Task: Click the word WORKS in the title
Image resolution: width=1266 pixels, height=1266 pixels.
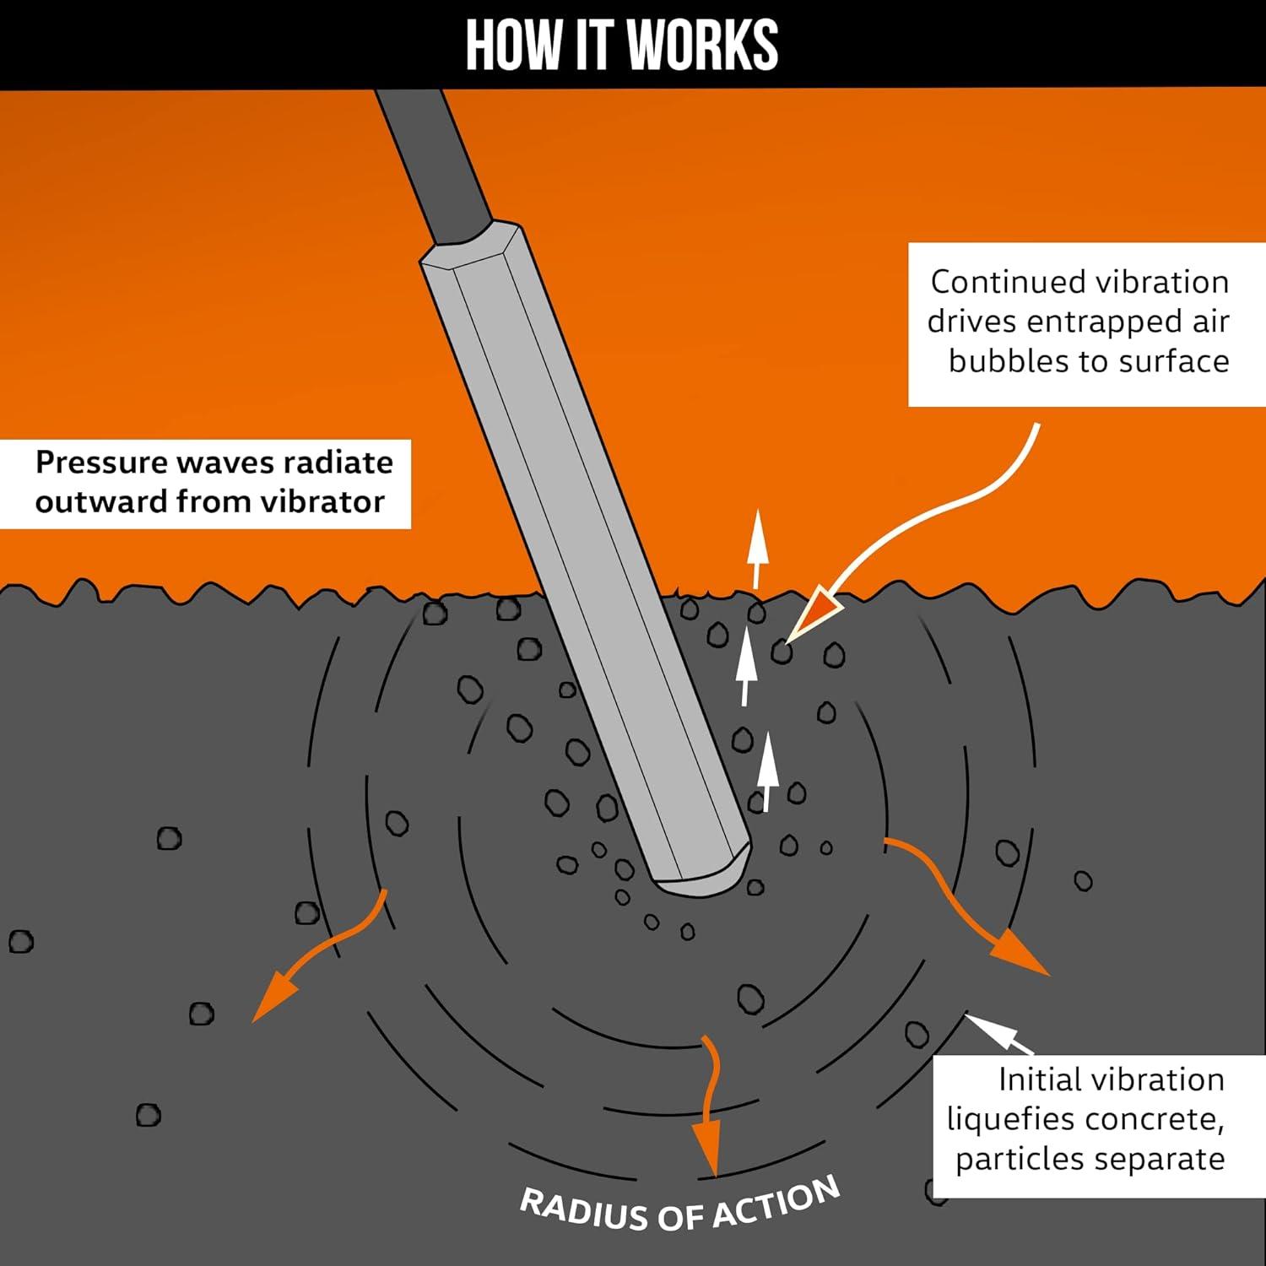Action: (702, 45)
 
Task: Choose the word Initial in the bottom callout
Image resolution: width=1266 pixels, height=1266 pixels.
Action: (1041, 1079)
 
